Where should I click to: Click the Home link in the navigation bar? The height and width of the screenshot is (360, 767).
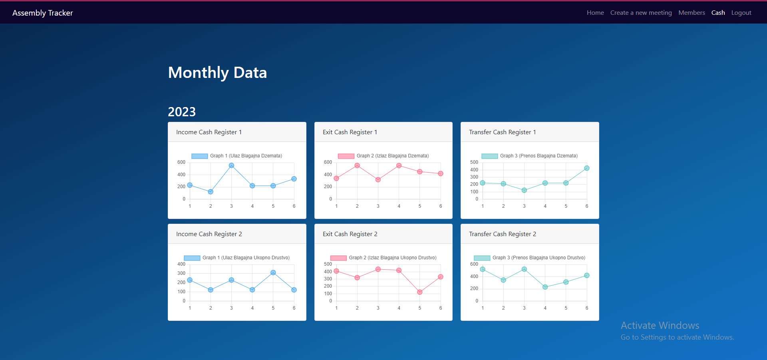coord(595,13)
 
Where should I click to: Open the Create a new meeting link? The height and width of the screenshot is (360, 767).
coord(641,13)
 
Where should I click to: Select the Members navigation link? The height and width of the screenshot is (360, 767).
coord(691,13)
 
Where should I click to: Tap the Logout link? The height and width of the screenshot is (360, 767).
coord(741,13)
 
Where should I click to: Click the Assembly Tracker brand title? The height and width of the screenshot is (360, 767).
coord(43,13)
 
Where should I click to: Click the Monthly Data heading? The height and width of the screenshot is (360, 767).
coord(217,73)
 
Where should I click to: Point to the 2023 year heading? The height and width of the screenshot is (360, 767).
coord(182,112)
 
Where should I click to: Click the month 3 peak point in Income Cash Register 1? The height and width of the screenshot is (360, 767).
coord(231,165)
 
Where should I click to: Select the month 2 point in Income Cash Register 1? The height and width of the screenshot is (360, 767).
coord(211,192)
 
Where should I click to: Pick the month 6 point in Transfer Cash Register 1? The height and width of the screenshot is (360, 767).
coord(587,168)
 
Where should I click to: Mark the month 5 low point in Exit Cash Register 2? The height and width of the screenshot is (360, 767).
coord(420,292)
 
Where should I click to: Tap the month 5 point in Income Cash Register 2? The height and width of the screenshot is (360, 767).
coord(273,272)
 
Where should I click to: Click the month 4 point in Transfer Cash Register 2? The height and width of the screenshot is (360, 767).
coord(545,287)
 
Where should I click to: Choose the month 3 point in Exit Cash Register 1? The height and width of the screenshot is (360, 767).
coord(378,180)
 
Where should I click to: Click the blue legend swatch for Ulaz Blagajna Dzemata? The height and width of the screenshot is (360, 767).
coord(200,156)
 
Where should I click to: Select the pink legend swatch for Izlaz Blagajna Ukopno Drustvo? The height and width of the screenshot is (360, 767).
coord(338,258)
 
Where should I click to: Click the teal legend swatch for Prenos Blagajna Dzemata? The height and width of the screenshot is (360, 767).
coord(490,156)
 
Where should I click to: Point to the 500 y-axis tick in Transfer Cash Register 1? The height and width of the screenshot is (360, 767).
coord(474,162)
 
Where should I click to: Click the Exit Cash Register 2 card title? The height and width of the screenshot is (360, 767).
coord(350,234)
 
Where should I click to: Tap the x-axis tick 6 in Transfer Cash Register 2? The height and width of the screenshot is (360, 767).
coord(587,308)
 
